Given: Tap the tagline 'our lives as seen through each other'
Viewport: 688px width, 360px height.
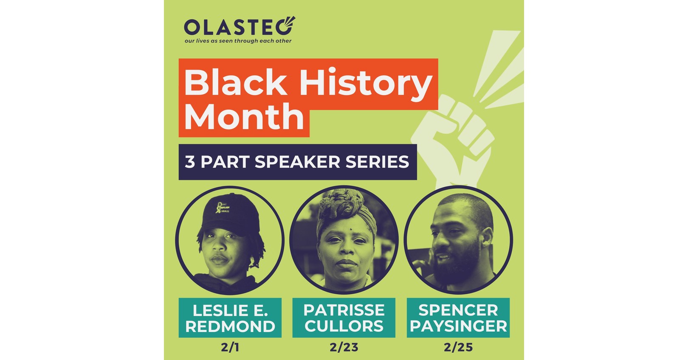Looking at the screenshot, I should (238, 41).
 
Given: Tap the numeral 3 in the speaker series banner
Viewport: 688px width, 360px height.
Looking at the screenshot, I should (190, 162).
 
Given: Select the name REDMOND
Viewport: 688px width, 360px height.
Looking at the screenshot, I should (230, 327).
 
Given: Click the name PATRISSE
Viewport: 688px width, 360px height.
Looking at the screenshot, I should (344, 310).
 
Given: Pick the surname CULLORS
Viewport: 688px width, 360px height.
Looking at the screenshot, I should (344, 327).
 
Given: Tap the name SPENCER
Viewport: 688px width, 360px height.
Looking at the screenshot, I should (458, 310).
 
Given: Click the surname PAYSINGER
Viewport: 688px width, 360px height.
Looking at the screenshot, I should (458, 327).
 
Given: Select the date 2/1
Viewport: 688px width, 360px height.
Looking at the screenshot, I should (230, 347).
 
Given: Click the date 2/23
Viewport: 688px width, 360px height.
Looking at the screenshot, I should (344, 347).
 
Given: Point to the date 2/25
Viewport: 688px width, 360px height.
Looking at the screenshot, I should (458, 347).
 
